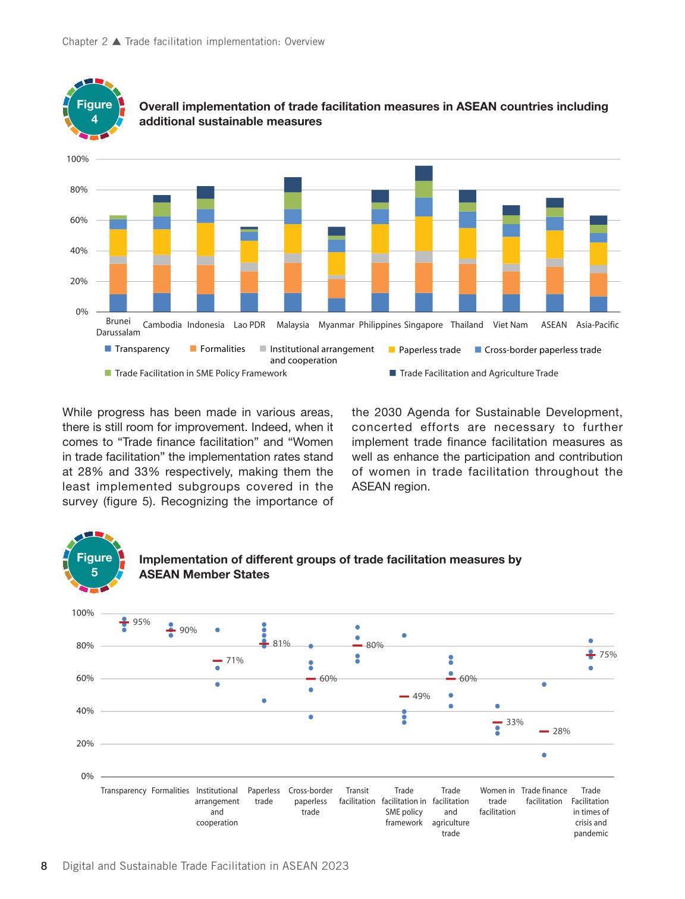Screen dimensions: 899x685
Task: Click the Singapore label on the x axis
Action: click(423, 325)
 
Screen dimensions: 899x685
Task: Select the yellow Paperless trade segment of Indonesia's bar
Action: click(205, 240)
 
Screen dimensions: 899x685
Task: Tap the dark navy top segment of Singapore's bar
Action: click(423, 173)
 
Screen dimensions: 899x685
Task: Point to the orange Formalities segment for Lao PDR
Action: click(249, 282)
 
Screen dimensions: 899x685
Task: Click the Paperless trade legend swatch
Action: click(391, 350)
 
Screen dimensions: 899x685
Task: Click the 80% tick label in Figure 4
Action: click(78, 190)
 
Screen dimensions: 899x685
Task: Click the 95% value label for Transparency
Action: click(142, 622)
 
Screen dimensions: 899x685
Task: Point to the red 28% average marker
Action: click(544, 731)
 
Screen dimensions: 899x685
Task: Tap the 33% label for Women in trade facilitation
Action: click(515, 722)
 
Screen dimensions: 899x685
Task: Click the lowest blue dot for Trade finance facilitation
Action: click(544, 755)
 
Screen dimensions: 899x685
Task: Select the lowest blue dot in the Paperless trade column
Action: click(264, 701)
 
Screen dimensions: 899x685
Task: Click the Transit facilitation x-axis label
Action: click(357, 796)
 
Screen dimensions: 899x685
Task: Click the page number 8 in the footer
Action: click(44, 866)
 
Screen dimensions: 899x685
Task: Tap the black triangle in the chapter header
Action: click(117, 42)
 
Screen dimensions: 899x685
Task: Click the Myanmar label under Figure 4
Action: click(336, 325)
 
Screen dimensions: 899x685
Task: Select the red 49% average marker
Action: click(404, 696)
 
